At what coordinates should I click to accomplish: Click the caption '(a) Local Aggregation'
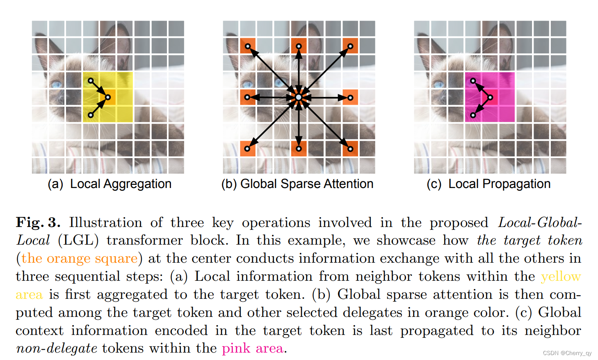pyautogui.click(x=110, y=184)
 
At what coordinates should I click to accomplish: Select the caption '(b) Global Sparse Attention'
pyautogui.click(x=297, y=184)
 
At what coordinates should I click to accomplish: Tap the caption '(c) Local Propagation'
pyautogui.click(x=488, y=184)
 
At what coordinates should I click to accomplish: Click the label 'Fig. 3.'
pyautogui.click(x=38, y=222)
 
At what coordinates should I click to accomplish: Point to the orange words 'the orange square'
pyautogui.click(x=80, y=259)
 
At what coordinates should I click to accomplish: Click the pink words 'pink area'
pyautogui.click(x=252, y=348)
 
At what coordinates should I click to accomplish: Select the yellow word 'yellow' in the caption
pyautogui.click(x=561, y=276)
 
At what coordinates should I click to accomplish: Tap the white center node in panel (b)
pyautogui.click(x=299, y=97)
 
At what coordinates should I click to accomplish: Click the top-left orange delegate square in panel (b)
pyautogui.click(x=248, y=46)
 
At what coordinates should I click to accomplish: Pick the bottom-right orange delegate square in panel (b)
pyautogui.click(x=350, y=149)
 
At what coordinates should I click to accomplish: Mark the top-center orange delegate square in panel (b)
pyautogui.click(x=299, y=46)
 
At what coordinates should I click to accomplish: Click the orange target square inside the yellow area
pyautogui.click(x=108, y=97)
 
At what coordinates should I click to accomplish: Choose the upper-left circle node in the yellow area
pyautogui.click(x=91, y=80)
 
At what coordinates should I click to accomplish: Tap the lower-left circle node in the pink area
pyautogui.click(x=473, y=115)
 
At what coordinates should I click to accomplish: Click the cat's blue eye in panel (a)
pyautogui.click(x=56, y=85)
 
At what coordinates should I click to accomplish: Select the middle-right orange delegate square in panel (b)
pyautogui.click(x=350, y=97)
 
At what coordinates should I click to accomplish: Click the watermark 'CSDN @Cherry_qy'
pyautogui.click(x=567, y=353)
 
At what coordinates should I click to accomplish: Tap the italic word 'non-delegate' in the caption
pyautogui.click(x=57, y=348)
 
